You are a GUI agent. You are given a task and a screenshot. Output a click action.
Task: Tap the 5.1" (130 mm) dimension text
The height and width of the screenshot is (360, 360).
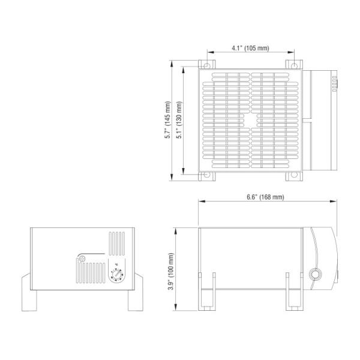(x=179, y=120)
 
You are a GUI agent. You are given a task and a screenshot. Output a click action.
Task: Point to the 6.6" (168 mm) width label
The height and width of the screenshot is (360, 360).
(x=265, y=197)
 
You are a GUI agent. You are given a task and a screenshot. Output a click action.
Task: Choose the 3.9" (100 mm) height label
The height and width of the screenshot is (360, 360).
(x=172, y=272)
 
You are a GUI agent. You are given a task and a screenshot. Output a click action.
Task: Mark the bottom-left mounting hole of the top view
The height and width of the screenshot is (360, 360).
(x=207, y=175)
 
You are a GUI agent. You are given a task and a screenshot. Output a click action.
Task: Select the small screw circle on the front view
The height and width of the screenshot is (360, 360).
(x=83, y=259)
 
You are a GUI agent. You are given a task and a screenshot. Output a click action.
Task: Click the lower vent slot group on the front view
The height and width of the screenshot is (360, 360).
(x=91, y=275)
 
